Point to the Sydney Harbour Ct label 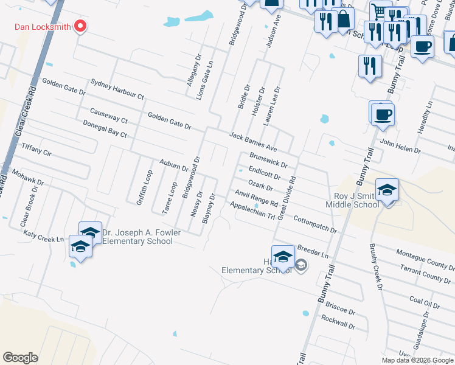pyautogui.click(x=117, y=89)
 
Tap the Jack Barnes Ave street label pyautogui.click(x=252, y=142)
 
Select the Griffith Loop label pyautogui.click(x=144, y=187)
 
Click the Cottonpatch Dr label pyautogui.click(x=315, y=224)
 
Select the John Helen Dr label pyautogui.click(x=400, y=147)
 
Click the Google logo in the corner pyautogui.click(x=20, y=357)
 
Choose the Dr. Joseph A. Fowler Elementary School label pyautogui.click(x=137, y=236)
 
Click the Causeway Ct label pyautogui.click(x=108, y=116)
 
